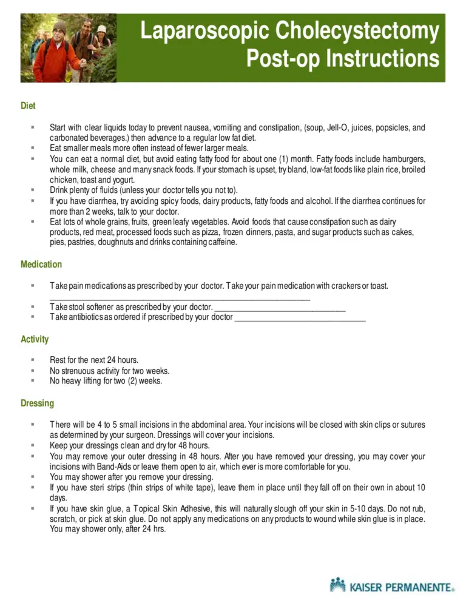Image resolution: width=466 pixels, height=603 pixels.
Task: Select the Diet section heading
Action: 28,106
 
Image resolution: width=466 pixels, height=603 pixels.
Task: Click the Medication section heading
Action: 41,264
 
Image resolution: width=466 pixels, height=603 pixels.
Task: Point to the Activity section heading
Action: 35,339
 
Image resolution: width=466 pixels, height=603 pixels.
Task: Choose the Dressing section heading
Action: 37,403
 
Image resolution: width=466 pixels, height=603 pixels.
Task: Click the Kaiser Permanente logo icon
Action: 337,585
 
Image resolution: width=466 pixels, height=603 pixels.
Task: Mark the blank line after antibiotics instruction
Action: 300,318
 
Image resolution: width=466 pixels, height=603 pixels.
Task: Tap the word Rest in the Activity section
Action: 58,360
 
